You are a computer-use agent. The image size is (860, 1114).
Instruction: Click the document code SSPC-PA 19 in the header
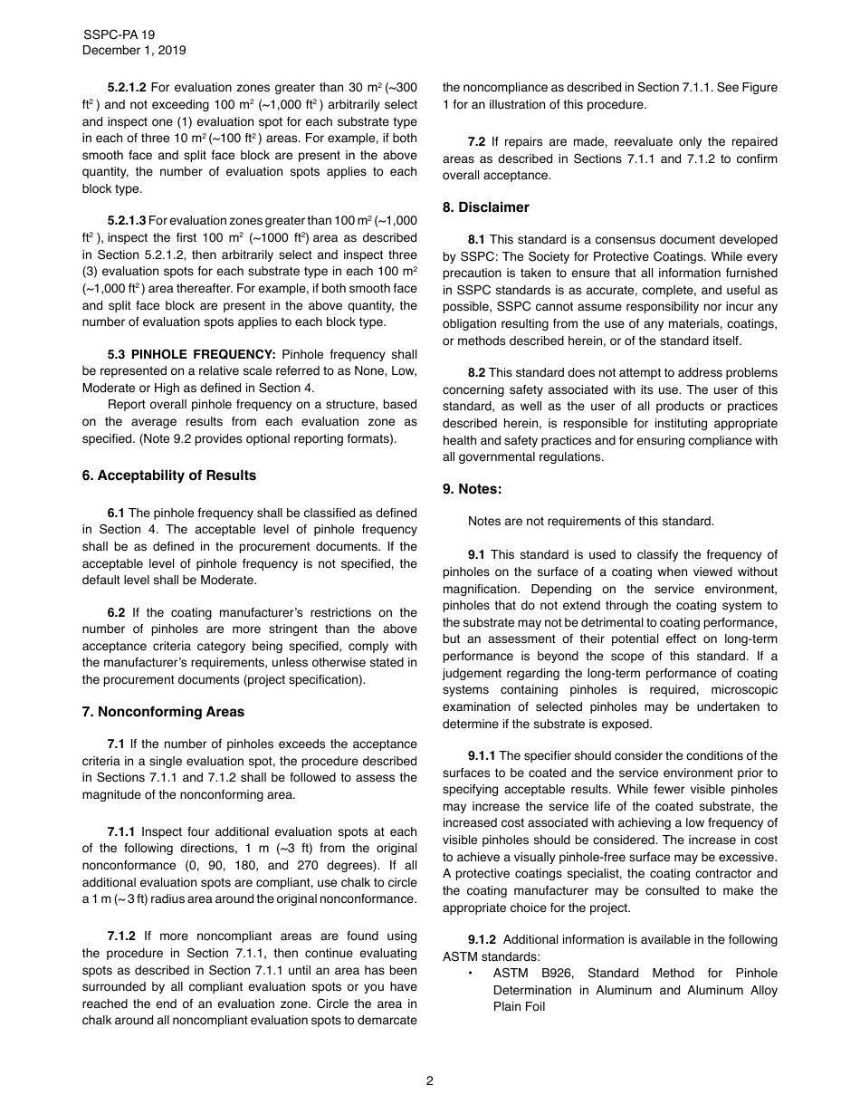pos(119,34)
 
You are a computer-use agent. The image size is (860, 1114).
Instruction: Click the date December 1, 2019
pos(134,51)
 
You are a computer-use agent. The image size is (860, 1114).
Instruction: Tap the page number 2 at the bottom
pos(430,1080)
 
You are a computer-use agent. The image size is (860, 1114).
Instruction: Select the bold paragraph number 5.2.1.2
pos(127,88)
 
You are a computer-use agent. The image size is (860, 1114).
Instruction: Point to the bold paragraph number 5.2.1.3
pos(127,221)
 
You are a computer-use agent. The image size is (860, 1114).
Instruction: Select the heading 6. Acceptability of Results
pos(169,475)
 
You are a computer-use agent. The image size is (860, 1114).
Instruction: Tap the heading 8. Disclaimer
pos(486,207)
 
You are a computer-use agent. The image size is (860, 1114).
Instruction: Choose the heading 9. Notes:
pos(473,489)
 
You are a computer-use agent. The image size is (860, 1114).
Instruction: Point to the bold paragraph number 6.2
pos(117,613)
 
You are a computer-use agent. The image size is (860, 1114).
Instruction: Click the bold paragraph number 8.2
pos(476,373)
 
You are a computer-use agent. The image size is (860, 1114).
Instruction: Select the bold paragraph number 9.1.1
pos(482,756)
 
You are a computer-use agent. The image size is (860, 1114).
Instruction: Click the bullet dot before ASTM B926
pos(471,974)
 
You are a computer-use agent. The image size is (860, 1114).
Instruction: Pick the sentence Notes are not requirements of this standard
pos(590,521)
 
